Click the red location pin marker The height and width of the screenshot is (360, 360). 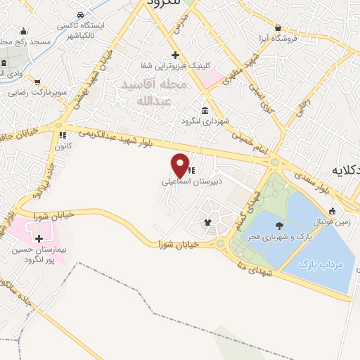click(181, 165)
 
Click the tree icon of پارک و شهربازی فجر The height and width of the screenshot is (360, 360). click(281, 226)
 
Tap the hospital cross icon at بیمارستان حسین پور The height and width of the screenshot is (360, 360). click(39, 240)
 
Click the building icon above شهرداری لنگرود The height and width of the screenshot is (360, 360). click(205, 110)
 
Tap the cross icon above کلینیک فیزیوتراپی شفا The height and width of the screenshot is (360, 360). click(175, 55)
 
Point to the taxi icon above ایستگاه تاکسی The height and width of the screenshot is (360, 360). click(82, 15)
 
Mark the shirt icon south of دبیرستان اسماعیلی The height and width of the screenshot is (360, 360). click(207, 224)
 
